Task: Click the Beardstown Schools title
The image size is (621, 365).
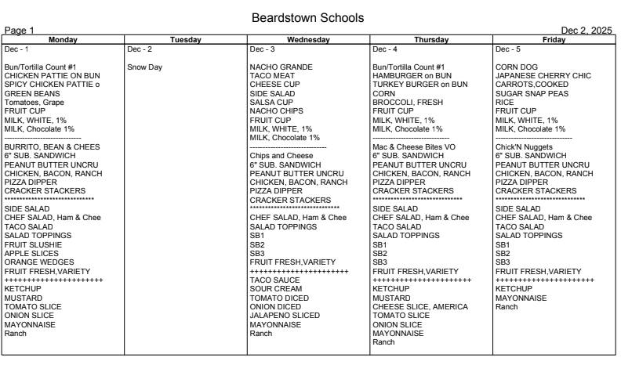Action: pyautogui.click(x=308, y=17)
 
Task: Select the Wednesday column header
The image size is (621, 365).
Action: pyautogui.click(x=308, y=39)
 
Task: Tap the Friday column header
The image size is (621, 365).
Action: pyautogui.click(x=554, y=39)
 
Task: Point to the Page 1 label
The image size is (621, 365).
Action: pyautogui.click(x=20, y=31)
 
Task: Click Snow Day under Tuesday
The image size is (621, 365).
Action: pyautogui.click(x=143, y=67)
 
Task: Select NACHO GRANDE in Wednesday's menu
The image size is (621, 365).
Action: pyautogui.click(x=281, y=67)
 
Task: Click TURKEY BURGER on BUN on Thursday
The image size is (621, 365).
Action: pyautogui.click(x=419, y=85)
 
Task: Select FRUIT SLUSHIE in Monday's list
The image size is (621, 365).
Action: pyautogui.click(x=34, y=244)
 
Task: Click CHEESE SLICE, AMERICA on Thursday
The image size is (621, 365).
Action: pyautogui.click(x=419, y=307)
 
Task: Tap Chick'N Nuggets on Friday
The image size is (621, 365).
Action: pyautogui.click(x=525, y=146)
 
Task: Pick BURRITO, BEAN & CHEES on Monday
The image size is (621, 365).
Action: pyautogui.click(x=52, y=146)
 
